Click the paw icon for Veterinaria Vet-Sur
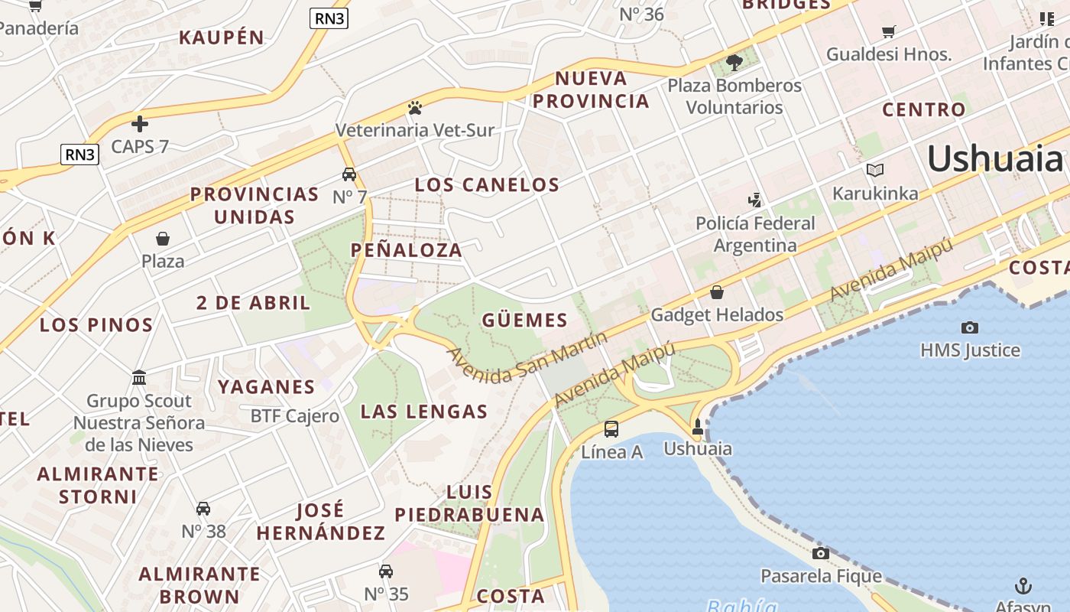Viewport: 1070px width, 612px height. tap(415, 108)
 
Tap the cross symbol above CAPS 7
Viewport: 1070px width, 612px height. tap(140, 123)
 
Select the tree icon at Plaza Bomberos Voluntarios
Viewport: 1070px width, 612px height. tap(734, 62)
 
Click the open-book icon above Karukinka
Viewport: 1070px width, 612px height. tap(875, 170)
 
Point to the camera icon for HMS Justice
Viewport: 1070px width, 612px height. tap(970, 327)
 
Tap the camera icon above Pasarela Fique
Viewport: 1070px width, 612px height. tap(821, 553)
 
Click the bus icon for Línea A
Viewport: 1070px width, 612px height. tap(611, 429)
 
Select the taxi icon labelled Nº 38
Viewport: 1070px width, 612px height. tap(203, 509)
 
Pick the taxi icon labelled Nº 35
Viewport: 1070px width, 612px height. tap(386, 571)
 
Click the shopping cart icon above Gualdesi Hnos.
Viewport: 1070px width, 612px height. tap(888, 31)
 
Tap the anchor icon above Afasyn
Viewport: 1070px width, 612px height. tap(1023, 586)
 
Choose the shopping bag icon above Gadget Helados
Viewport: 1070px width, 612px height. tap(717, 292)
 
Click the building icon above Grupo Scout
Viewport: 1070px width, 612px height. tap(139, 378)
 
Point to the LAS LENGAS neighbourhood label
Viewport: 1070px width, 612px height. tap(424, 412)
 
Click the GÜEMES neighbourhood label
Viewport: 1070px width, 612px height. tap(525, 320)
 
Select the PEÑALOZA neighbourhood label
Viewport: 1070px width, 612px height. tap(407, 250)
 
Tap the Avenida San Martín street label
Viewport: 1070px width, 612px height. tap(527, 357)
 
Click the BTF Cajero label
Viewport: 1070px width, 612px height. tap(295, 416)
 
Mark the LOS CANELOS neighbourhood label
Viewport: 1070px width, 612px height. tap(487, 184)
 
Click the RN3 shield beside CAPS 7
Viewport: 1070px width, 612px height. tap(79, 155)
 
